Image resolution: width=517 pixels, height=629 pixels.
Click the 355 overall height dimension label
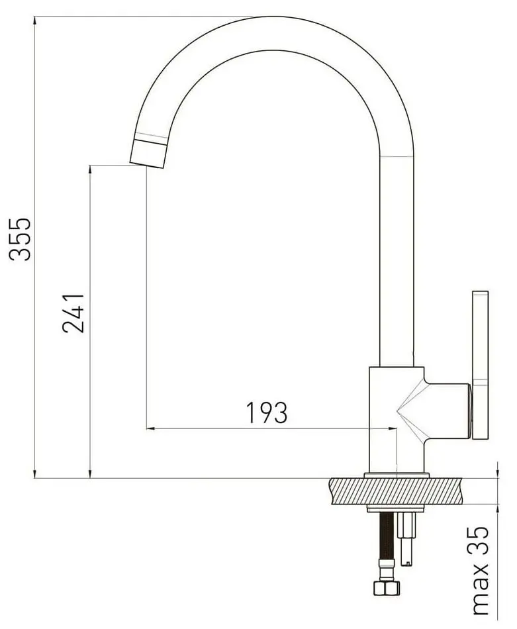point(20,239)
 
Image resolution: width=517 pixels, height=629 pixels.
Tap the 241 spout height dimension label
point(73,313)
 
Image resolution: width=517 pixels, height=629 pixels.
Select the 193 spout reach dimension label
point(267,412)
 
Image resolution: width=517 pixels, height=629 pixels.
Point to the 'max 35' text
point(481,571)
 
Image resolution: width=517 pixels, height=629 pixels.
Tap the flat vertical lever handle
point(480,365)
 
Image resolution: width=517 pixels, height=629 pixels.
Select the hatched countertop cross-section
point(395,491)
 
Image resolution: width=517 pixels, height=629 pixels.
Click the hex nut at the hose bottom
point(386,587)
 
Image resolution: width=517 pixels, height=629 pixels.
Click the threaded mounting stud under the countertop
point(406,538)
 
